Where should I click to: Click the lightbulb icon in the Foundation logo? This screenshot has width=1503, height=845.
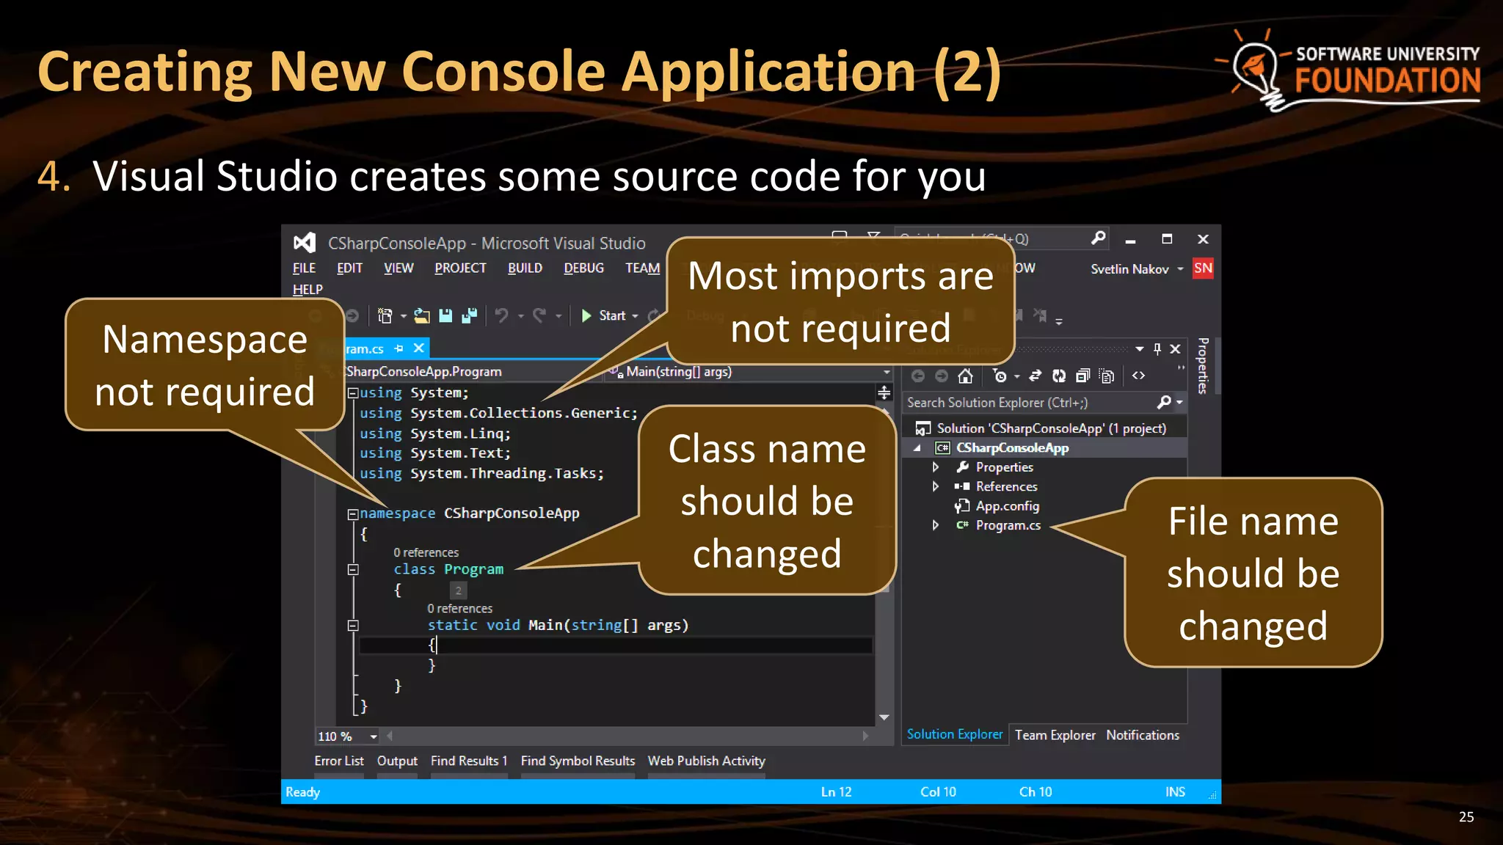tap(1256, 69)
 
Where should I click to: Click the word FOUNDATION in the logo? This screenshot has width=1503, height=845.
tap(1387, 81)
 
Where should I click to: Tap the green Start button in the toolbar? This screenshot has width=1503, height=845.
tap(604, 316)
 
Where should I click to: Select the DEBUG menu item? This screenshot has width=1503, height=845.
tap(583, 268)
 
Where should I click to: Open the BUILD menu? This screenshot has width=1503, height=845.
tap(525, 268)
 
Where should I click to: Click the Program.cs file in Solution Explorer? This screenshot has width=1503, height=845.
tap(1007, 525)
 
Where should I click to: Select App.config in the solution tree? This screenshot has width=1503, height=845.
tap(1006, 506)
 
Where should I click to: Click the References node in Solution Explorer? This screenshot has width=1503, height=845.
tap(1005, 486)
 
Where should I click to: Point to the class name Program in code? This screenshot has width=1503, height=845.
tap(473, 570)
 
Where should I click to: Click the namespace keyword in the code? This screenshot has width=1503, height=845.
tap(397, 513)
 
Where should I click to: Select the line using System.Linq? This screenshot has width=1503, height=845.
tap(434, 434)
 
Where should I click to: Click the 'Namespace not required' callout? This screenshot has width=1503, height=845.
tap(205, 365)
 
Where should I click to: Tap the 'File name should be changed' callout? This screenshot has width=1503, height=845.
tap(1253, 573)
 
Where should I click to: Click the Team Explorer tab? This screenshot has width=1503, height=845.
tap(1055, 735)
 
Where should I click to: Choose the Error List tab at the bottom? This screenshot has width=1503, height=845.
tap(338, 761)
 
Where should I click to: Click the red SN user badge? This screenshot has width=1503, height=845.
tap(1202, 268)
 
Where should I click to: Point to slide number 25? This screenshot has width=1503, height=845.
tap(1466, 817)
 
